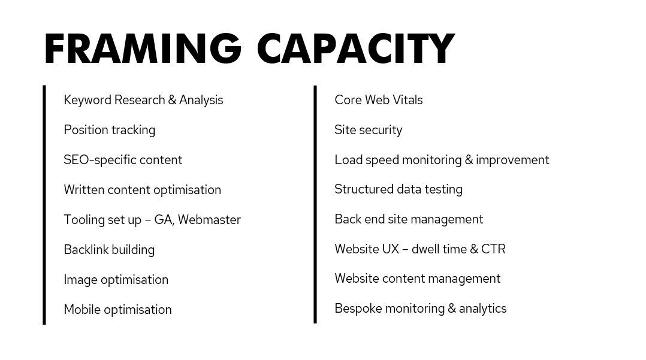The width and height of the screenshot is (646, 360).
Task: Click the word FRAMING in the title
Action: (143, 49)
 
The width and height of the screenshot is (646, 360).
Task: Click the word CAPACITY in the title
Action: (355, 49)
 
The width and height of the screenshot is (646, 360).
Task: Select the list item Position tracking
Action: (109, 130)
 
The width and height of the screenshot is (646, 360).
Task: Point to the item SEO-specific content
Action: (123, 160)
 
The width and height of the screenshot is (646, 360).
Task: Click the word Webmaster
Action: (209, 220)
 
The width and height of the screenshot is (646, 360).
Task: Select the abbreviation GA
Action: (162, 220)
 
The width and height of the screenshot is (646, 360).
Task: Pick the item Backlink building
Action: (109, 250)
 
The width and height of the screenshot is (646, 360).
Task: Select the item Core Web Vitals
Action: (378, 100)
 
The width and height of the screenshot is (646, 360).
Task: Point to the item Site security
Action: (368, 130)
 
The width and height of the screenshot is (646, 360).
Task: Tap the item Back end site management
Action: (408, 219)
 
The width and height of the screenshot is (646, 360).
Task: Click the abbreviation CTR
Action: (493, 249)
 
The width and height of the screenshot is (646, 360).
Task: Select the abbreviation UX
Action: (390, 249)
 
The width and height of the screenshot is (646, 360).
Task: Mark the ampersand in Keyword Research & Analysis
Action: (172, 100)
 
